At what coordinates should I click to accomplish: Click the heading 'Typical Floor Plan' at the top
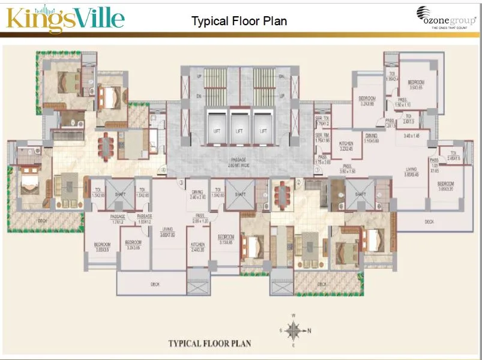[x=239, y=21]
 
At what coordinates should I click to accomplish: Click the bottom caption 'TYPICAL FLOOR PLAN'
[x=209, y=344]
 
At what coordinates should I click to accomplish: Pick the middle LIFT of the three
[x=239, y=130]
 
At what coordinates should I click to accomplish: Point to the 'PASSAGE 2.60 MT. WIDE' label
[x=238, y=161]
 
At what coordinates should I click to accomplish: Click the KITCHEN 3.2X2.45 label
[x=346, y=146]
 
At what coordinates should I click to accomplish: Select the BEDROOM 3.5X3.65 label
[x=416, y=85]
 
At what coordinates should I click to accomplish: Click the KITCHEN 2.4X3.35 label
[x=197, y=247]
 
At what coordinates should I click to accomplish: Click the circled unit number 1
[x=317, y=170]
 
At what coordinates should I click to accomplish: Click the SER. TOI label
[x=322, y=121]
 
